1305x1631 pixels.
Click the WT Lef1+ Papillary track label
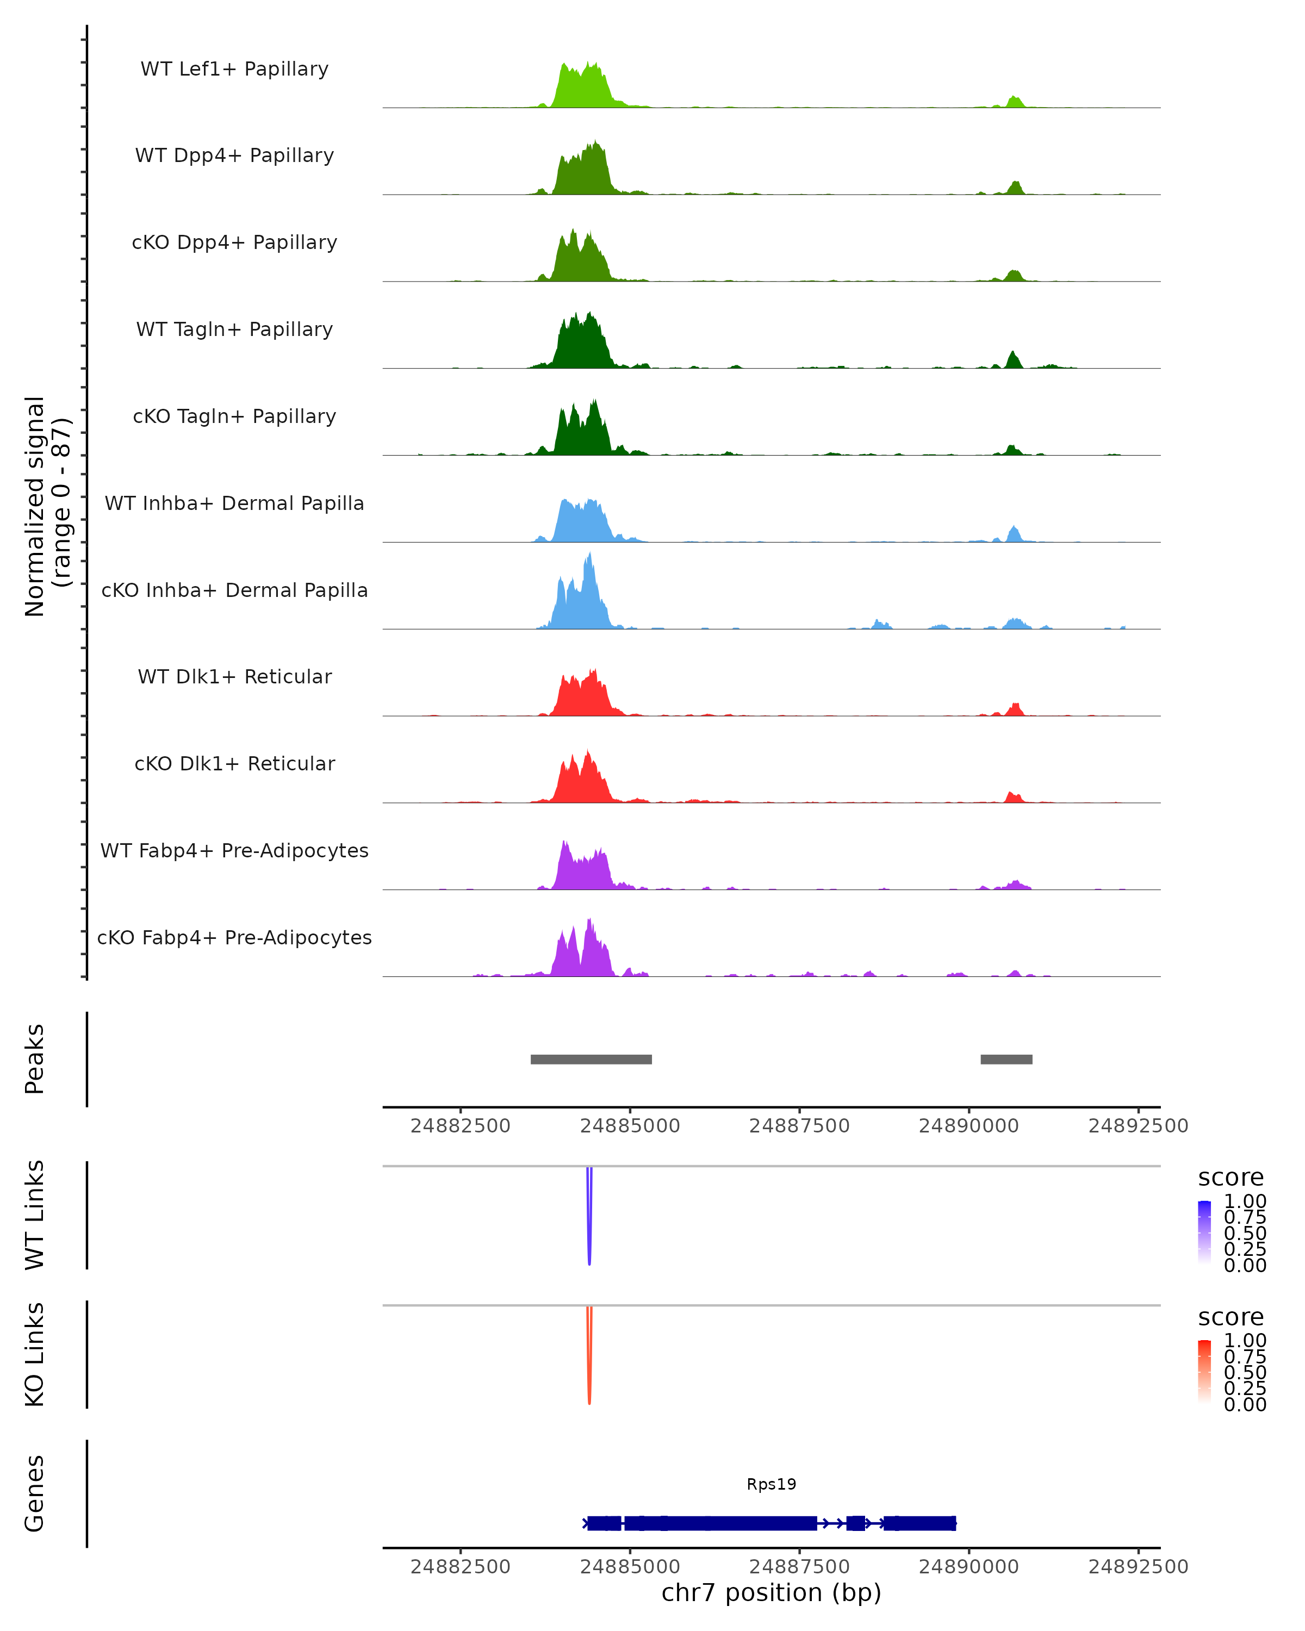[x=234, y=69]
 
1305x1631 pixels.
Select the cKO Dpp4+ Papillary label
[x=234, y=242]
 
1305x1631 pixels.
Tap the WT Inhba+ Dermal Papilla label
[x=234, y=503]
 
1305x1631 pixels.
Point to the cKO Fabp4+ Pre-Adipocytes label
[x=234, y=937]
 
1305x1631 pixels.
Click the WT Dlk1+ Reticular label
[x=234, y=676]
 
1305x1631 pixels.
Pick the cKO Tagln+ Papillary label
[x=234, y=416]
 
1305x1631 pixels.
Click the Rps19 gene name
[x=771, y=1484]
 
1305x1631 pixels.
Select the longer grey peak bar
[x=591, y=1059]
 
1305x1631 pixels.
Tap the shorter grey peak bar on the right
[x=1006, y=1059]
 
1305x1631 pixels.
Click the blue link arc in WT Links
[x=589, y=1225]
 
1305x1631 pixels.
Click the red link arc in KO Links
[x=589, y=1366]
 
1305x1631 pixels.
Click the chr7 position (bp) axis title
[x=771, y=1592]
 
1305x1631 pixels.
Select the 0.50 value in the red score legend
[x=1245, y=1372]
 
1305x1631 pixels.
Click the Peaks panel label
[x=34, y=1059]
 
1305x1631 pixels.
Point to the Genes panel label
[x=34, y=1493]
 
